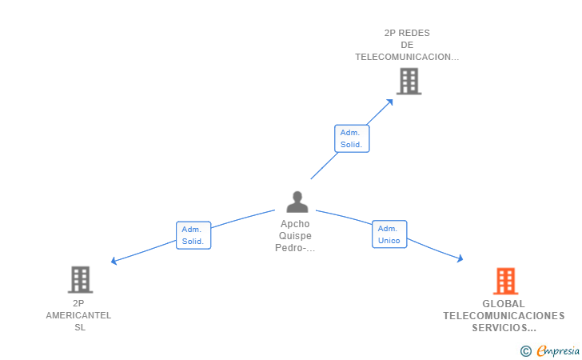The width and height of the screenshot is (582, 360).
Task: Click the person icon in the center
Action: [x=297, y=202]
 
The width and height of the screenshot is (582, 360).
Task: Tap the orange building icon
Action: [x=505, y=281]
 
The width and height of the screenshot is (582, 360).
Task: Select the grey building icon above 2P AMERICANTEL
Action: [x=80, y=280]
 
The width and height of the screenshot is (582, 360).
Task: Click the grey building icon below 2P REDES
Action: [x=409, y=81]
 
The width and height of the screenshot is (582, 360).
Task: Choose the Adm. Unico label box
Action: [x=389, y=234]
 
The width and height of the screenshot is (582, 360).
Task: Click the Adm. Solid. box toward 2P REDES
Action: [x=352, y=138]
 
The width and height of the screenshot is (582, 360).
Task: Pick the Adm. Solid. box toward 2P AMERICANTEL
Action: [x=193, y=235]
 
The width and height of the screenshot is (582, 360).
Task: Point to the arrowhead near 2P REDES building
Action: [x=389, y=102]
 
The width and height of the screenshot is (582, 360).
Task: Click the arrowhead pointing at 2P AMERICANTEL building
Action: [x=114, y=261]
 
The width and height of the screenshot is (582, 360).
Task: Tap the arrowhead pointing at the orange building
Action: [x=460, y=258]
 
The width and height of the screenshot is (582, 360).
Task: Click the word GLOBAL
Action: [x=504, y=304]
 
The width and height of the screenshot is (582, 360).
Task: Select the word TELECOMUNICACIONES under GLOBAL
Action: [x=504, y=316]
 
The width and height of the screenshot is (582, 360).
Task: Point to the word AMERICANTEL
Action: [x=78, y=315]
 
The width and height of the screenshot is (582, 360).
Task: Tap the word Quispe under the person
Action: [x=295, y=236]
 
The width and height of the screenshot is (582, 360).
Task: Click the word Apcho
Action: [x=295, y=224]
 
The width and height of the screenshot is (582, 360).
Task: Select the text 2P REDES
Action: [x=407, y=33]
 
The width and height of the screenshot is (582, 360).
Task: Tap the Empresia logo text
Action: [x=558, y=350]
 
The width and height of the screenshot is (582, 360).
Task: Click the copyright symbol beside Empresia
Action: [x=525, y=351]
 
